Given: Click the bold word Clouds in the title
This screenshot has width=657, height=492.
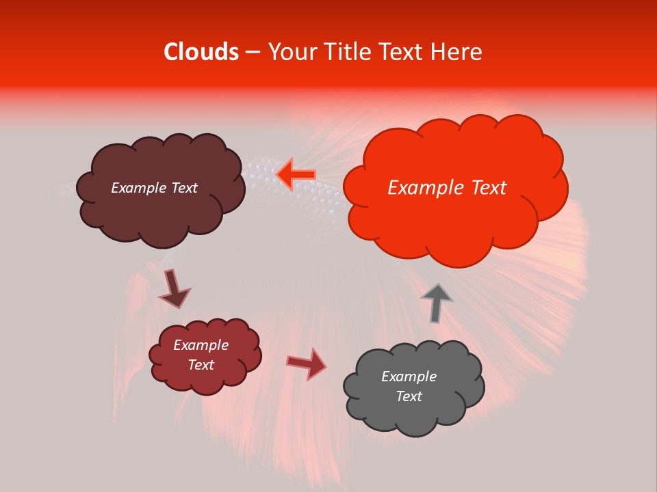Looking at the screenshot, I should coord(201,52).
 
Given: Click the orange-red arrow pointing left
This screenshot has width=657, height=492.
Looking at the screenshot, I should coord(296,175).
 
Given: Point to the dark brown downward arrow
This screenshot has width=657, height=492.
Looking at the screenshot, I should coord(174,289).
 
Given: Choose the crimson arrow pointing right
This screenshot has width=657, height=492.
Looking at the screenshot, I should coord(307,364).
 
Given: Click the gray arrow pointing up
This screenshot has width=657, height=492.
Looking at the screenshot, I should coord(436,303).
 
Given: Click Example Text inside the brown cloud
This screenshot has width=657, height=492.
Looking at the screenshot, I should coord(154,188).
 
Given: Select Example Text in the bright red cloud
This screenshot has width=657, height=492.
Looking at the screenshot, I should coord(447,188).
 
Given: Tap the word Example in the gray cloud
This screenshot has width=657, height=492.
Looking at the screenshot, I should coord(409,377).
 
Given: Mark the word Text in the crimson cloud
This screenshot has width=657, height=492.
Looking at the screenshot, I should coord(201,365).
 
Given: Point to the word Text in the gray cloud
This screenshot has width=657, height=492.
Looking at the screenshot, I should coord(409,396).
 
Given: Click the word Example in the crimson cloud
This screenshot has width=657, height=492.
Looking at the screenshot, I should coord(201,345).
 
